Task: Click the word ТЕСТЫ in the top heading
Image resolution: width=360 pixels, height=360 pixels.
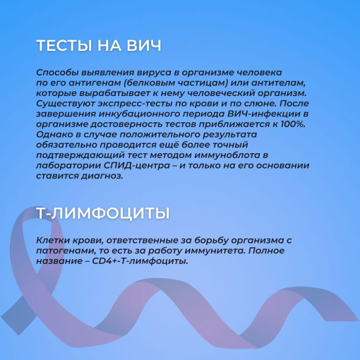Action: (64, 45)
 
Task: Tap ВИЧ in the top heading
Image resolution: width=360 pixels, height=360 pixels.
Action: (144, 45)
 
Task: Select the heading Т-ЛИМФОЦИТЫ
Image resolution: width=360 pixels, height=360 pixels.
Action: (103, 213)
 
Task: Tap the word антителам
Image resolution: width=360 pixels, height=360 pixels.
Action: (279, 83)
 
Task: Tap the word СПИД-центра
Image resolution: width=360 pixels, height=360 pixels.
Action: (137, 166)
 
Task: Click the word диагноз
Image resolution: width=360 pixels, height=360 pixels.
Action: (102, 176)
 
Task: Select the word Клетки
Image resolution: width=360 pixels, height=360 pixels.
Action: (52, 241)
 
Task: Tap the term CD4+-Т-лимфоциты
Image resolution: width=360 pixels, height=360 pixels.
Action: (140, 261)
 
